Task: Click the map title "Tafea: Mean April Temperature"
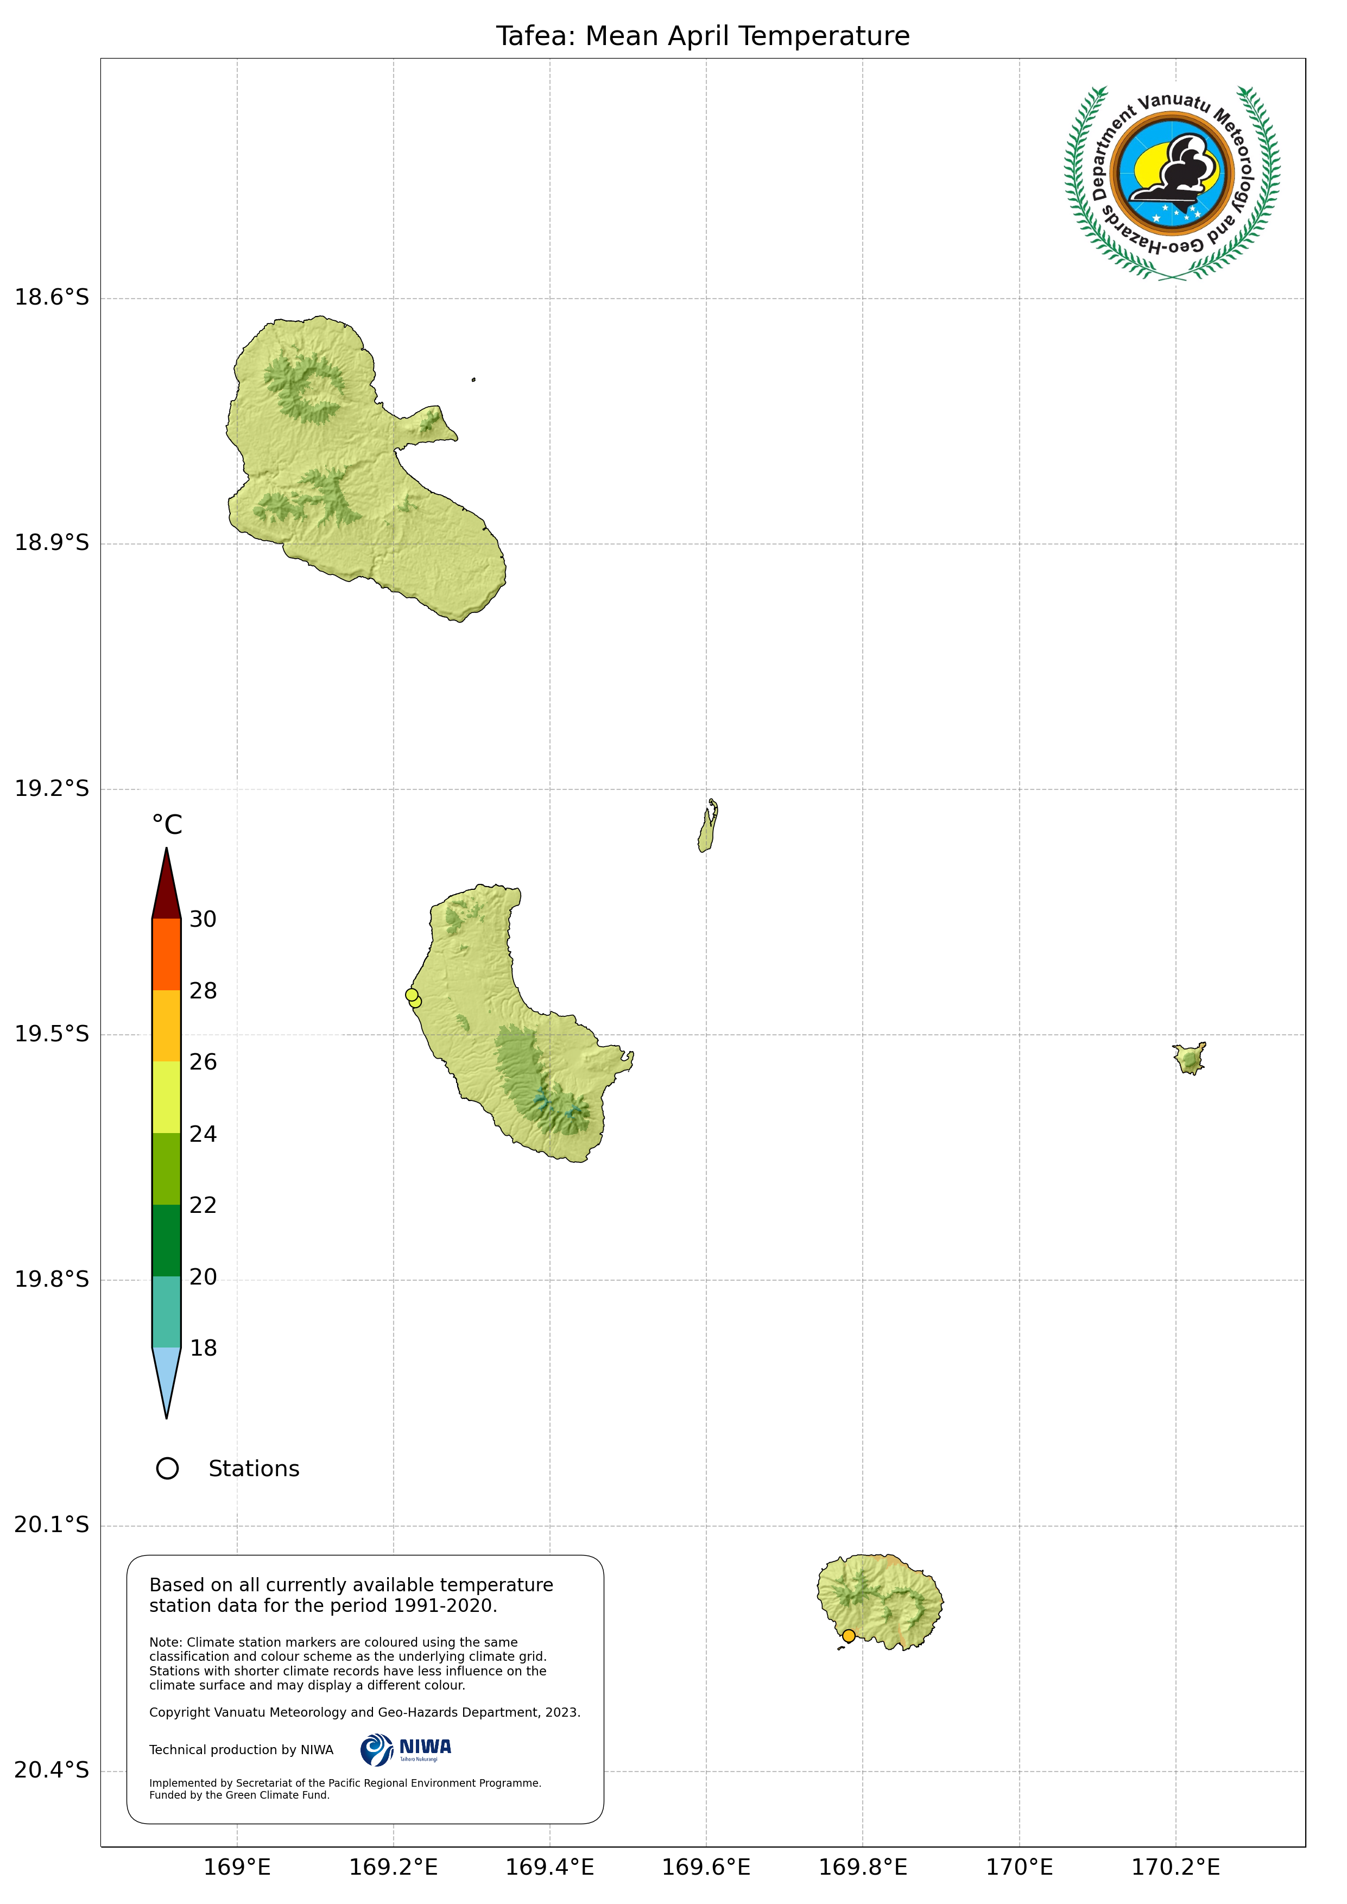click(703, 36)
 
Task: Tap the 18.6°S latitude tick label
click(52, 297)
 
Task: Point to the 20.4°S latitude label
click(52, 1770)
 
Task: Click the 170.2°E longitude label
click(1175, 1867)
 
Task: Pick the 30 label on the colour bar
click(203, 919)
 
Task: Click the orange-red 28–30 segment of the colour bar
click(167, 954)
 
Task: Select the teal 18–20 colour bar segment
click(167, 1312)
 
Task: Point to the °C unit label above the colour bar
click(167, 825)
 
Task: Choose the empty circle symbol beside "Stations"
click(168, 1469)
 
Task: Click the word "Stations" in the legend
click(254, 1469)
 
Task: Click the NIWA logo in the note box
click(407, 1750)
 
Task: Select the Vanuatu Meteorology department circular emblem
click(1172, 182)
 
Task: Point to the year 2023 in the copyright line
click(562, 1712)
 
